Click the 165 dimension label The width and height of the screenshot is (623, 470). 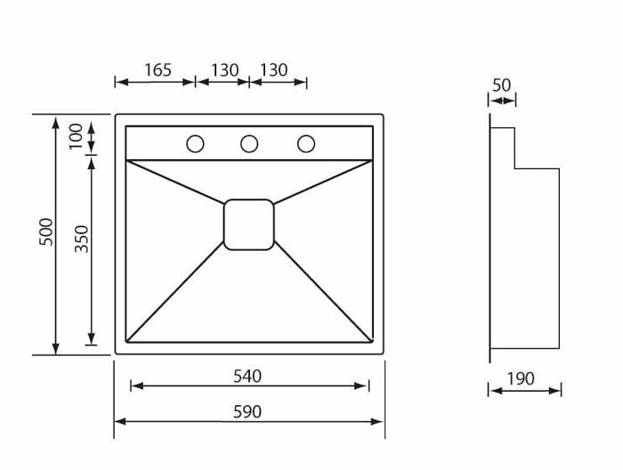coord(158,70)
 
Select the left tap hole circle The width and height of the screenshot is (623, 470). coord(195,143)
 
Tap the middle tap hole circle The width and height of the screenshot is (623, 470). coord(249,143)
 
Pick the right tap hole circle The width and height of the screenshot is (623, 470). coord(306,143)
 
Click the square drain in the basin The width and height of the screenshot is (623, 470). coord(249,224)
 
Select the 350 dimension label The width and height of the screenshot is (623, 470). coord(82,239)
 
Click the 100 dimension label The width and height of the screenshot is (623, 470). coord(77,134)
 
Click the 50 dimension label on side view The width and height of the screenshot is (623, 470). coord(501,85)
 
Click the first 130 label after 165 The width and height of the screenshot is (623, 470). coord(224,70)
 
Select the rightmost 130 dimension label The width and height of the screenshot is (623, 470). coord(274,70)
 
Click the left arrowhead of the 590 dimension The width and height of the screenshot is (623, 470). coord(119,421)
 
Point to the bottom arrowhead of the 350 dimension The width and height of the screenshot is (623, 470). coord(91,338)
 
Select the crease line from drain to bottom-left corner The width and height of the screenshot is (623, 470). coord(176,292)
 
